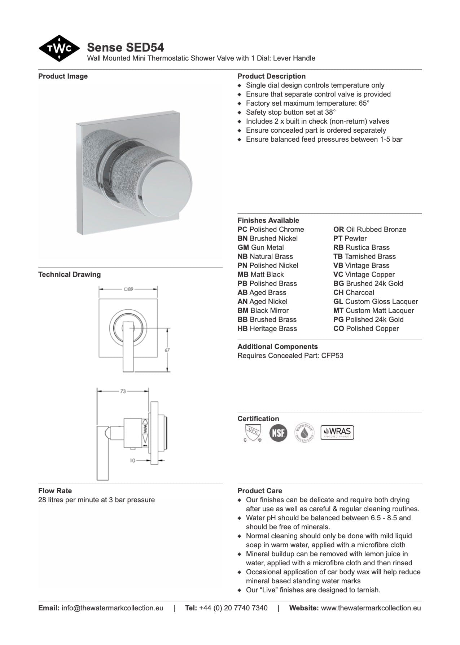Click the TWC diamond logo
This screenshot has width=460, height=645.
(59, 48)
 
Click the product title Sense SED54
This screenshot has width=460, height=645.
(125, 47)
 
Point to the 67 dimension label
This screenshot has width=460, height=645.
(167, 350)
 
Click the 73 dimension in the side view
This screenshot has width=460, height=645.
(123, 391)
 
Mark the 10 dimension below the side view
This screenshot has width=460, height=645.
(132, 460)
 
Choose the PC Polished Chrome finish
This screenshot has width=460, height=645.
(271, 229)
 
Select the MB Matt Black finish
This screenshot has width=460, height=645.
(260, 274)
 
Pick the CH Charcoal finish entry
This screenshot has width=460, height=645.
(354, 292)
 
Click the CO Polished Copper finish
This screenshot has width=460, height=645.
(366, 328)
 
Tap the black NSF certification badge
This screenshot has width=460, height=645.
(278, 433)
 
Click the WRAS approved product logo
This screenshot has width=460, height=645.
(337, 432)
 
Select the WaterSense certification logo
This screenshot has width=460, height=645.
(304, 432)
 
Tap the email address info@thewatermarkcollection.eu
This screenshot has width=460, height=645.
(112, 608)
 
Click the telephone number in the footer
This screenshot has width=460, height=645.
(233, 608)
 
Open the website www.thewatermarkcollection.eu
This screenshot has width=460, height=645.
(371, 608)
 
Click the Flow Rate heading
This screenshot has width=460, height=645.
(55, 491)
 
